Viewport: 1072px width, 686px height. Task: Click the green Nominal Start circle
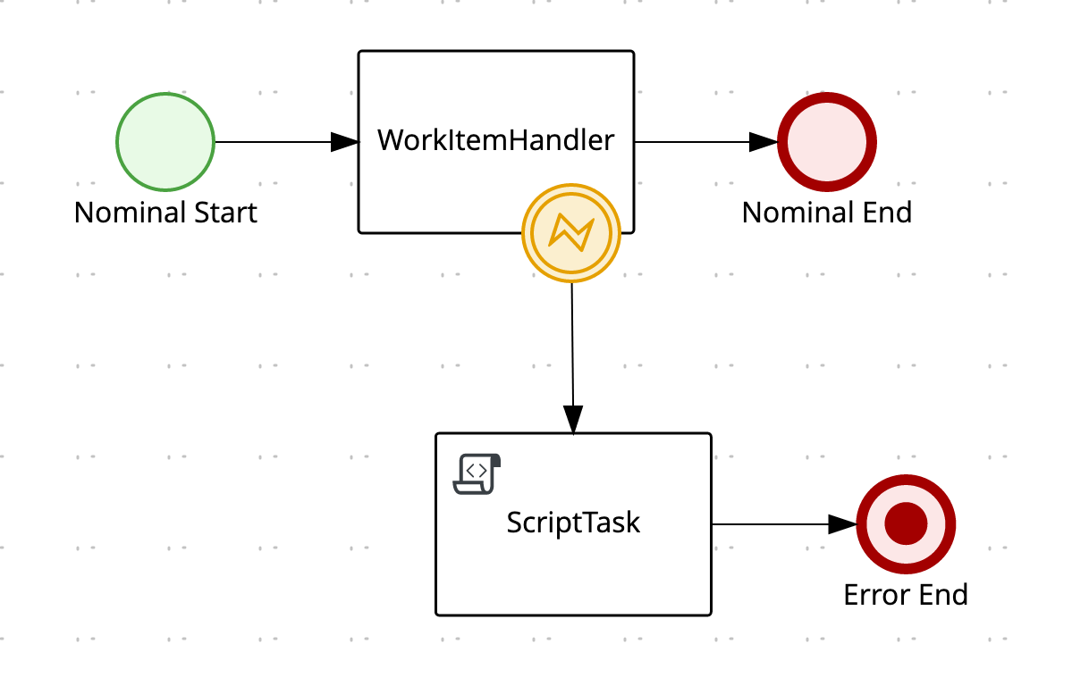point(165,142)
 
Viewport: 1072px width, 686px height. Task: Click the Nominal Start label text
point(165,213)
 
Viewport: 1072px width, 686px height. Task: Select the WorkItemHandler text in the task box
point(496,140)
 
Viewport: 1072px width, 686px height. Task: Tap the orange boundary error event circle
point(570,233)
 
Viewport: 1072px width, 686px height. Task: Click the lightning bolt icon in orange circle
point(570,233)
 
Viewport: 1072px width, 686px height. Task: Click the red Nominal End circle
point(827,142)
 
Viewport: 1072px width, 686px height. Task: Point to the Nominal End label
point(827,213)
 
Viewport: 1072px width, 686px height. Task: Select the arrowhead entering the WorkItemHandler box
point(345,142)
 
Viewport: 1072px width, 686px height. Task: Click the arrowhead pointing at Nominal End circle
point(764,142)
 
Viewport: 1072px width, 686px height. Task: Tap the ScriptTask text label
point(573,522)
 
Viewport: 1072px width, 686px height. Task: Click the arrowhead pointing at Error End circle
point(842,524)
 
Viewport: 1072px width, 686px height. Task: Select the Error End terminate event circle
point(906,524)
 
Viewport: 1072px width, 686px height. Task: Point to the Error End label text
point(906,595)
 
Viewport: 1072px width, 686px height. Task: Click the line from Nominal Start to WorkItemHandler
point(273,142)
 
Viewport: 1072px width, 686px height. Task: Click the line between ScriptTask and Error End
point(769,524)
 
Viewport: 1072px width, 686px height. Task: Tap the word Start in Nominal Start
point(224,213)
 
